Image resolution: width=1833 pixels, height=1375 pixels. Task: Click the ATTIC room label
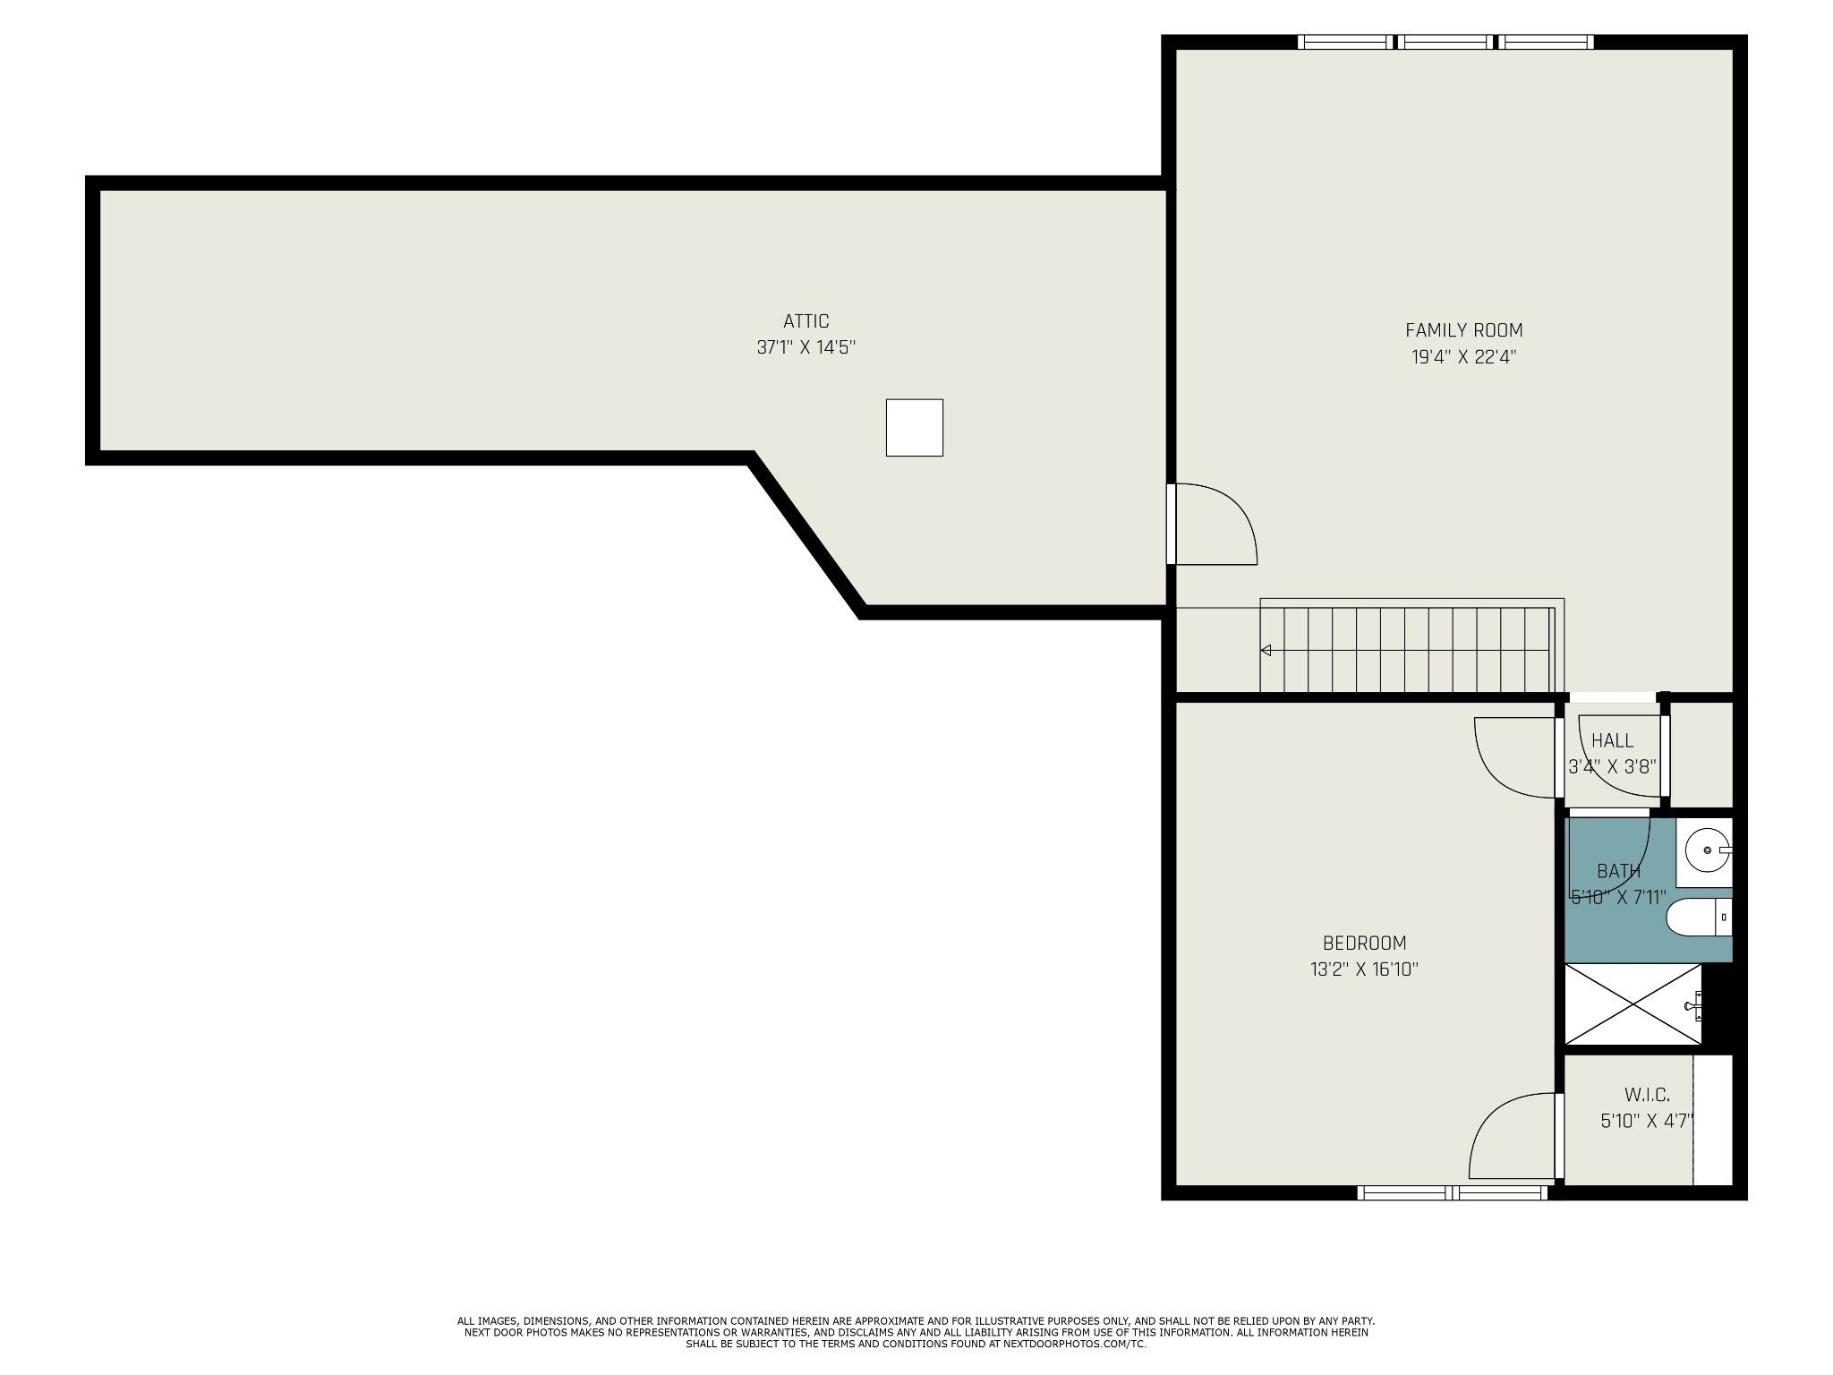click(x=806, y=321)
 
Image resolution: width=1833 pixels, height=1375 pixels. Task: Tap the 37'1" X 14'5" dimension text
click(x=806, y=347)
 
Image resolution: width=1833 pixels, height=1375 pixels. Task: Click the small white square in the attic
click(x=914, y=427)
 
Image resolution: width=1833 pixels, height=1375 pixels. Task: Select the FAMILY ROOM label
click(x=1463, y=330)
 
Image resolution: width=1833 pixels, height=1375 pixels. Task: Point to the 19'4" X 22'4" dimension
click(x=1463, y=357)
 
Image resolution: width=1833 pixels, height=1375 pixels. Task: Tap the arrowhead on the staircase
click(x=1266, y=650)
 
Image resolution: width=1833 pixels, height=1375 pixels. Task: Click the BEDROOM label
click(x=1364, y=943)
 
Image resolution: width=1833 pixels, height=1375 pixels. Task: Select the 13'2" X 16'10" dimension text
click(x=1364, y=969)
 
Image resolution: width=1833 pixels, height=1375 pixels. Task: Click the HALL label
click(x=1612, y=741)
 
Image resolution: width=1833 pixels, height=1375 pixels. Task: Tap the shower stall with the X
click(x=1633, y=1004)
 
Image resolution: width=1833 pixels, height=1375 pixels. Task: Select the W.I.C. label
click(x=1647, y=1095)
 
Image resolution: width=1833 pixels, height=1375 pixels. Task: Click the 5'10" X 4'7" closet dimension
click(x=1648, y=1121)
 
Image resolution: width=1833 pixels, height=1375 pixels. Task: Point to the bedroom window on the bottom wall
click(x=1452, y=1192)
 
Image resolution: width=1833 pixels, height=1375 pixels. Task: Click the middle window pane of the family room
click(x=1445, y=41)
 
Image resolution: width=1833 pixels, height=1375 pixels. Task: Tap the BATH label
click(x=1618, y=871)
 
